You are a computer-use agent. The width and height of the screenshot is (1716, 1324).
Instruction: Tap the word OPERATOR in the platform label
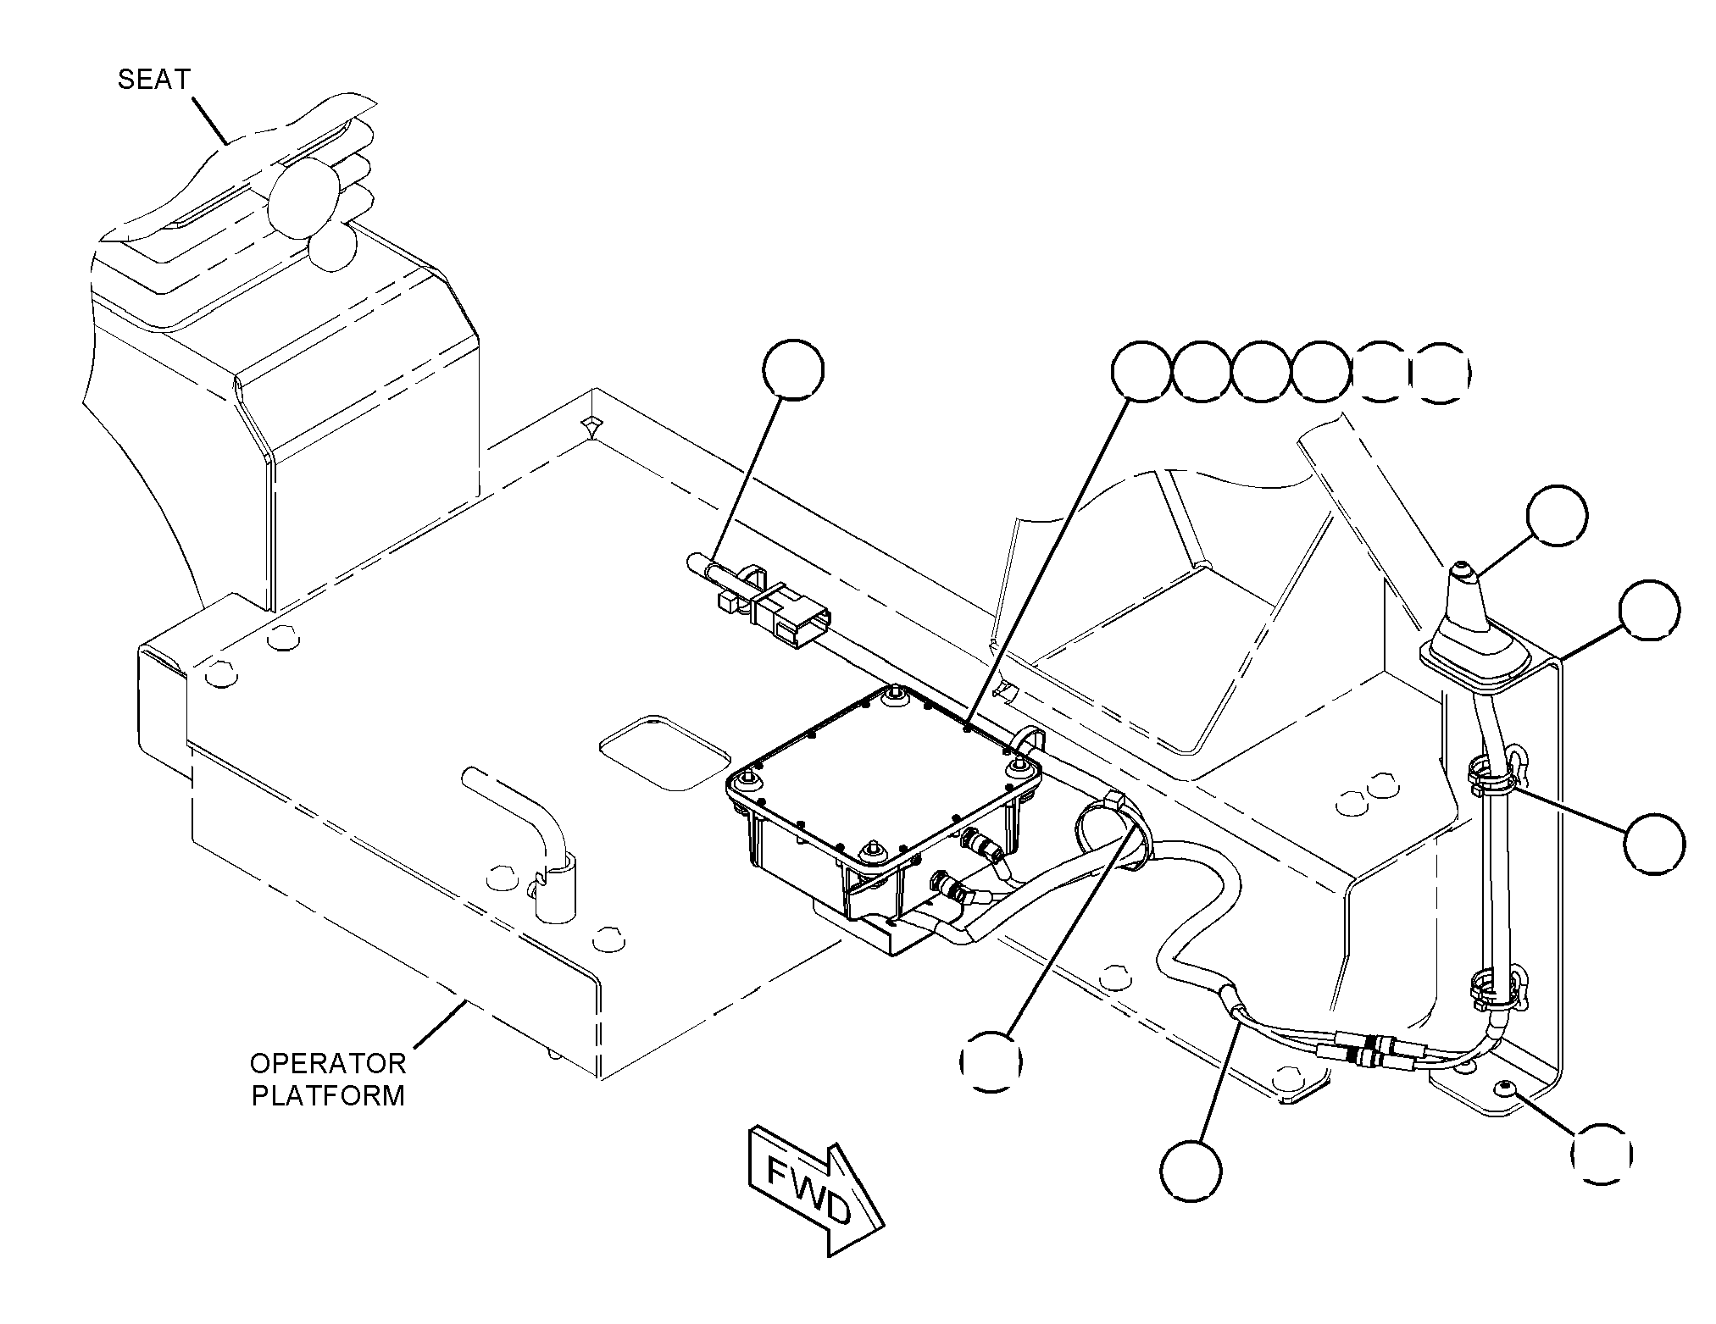tap(327, 1063)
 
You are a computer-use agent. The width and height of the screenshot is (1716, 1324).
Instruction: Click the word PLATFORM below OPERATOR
tap(328, 1095)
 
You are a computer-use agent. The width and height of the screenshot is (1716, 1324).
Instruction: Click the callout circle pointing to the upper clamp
tap(1654, 844)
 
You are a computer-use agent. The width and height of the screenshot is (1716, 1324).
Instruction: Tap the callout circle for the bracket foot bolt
tap(1601, 1154)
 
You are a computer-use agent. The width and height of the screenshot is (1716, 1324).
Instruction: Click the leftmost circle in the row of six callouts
tap(1141, 371)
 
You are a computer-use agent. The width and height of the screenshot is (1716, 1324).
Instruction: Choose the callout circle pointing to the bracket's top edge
tap(1648, 610)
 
